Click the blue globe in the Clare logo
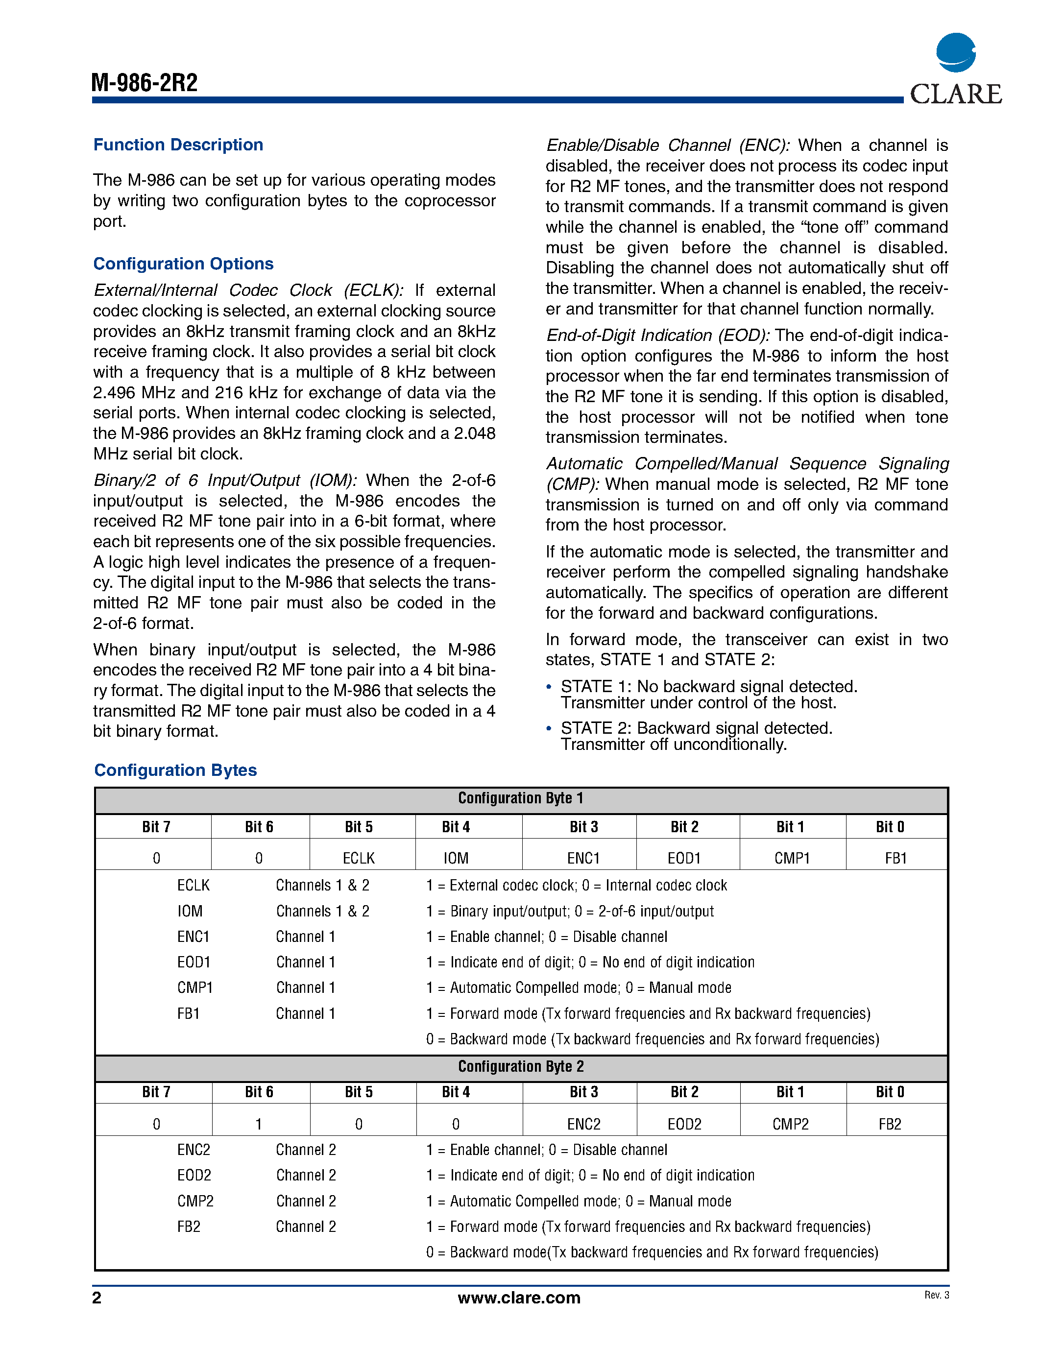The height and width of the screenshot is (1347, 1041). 955,53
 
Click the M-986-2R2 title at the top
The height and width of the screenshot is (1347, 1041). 145,83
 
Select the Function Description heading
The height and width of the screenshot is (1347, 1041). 178,145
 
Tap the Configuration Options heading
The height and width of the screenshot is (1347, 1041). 183,264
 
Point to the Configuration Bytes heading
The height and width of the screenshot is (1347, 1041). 175,770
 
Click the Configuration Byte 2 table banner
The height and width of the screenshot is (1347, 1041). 520,1067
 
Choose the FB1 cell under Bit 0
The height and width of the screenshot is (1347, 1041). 896,858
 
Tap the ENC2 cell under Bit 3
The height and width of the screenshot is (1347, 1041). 583,1124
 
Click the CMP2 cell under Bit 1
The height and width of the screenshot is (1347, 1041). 791,1124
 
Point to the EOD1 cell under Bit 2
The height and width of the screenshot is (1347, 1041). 684,858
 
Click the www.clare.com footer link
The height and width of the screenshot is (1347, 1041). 519,1298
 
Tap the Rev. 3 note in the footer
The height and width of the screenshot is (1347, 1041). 936,1295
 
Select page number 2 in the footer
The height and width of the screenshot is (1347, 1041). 97,1298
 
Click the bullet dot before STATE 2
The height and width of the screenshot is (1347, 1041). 549,728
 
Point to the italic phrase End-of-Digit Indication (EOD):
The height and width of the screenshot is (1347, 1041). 657,336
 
